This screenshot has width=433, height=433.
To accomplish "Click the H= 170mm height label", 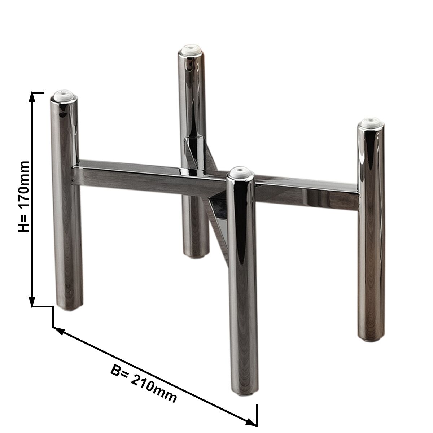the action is [x=24, y=197].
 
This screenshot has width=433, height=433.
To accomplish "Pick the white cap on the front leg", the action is [x=241, y=171].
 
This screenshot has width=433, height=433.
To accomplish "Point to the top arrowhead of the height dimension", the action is [x=32, y=97].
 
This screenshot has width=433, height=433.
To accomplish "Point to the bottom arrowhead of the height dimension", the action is [x=32, y=301].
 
